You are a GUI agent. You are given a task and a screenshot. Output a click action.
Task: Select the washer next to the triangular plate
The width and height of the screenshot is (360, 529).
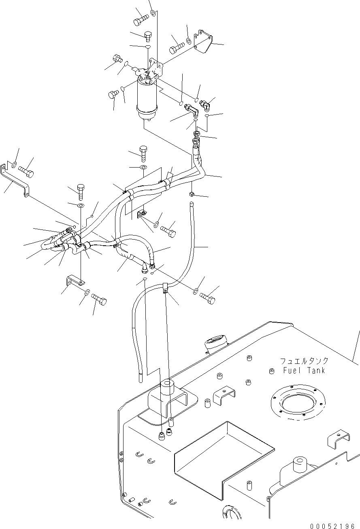coord(190,41)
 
